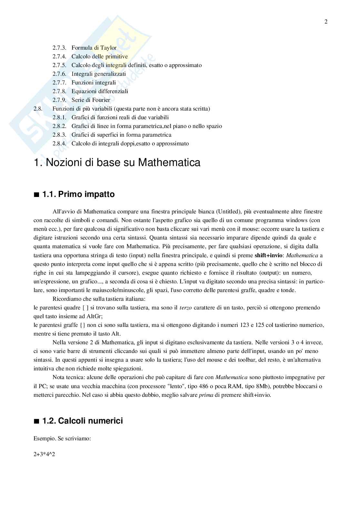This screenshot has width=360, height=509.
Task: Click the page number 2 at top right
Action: [x=326, y=22]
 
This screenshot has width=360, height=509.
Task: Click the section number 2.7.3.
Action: [x=59, y=48]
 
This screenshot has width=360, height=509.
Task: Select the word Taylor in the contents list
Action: [x=108, y=48]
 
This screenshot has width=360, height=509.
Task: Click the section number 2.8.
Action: [x=38, y=109]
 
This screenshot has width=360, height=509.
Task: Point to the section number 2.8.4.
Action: [x=59, y=143]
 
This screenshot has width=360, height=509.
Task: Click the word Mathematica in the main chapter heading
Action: [x=169, y=162]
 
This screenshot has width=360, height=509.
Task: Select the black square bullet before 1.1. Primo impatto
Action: [x=36, y=195]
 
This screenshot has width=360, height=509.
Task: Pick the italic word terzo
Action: [x=185, y=308]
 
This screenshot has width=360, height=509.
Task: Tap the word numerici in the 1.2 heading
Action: [x=107, y=421]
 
